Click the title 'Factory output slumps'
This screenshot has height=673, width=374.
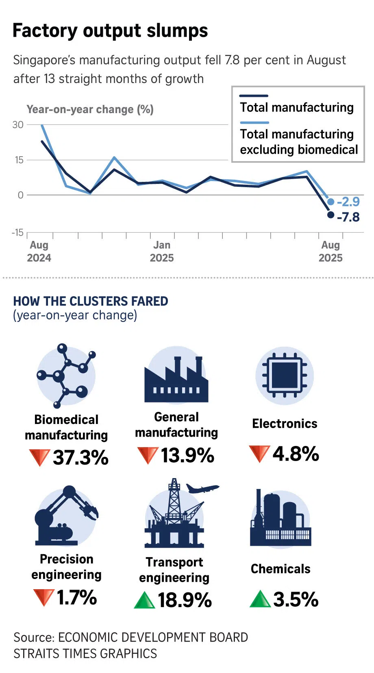(x=110, y=31)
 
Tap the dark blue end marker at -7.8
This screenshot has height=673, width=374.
(x=331, y=215)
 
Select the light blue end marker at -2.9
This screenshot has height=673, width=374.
(x=331, y=202)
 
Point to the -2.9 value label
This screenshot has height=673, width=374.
(x=348, y=202)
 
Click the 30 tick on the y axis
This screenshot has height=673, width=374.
(x=18, y=125)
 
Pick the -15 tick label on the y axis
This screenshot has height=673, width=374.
(x=17, y=233)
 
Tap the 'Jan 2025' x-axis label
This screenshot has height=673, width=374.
(x=162, y=251)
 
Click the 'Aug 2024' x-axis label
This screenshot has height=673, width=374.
(x=39, y=251)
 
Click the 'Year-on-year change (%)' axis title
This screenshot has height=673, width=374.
(x=90, y=109)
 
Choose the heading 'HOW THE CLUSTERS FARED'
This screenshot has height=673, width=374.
(x=91, y=301)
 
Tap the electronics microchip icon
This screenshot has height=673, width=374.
(x=285, y=375)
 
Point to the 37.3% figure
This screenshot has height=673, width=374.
(x=80, y=457)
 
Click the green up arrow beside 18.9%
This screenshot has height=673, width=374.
(x=144, y=601)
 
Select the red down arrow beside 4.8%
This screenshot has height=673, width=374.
(x=259, y=454)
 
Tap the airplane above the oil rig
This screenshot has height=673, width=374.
(x=202, y=488)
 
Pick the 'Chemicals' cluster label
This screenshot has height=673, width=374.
(x=280, y=569)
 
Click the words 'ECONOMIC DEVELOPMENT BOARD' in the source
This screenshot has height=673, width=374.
(x=153, y=637)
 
